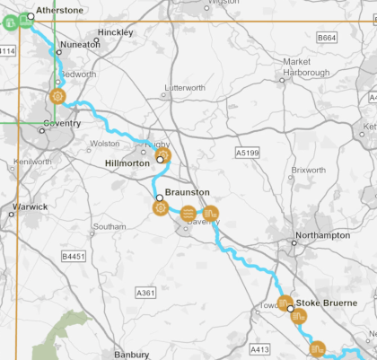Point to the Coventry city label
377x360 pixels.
point(62,123)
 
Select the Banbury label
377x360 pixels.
point(132,355)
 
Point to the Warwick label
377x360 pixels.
point(30,206)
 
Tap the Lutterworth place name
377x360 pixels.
point(186,87)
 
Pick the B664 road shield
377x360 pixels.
point(327,38)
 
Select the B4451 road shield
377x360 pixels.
point(74,257)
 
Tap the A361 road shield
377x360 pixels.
point(145,293)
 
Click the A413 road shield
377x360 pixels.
point(259,349)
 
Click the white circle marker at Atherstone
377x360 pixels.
point(31,15)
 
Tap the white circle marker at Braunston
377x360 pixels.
point(158,198)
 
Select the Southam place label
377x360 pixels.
point(110,227)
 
